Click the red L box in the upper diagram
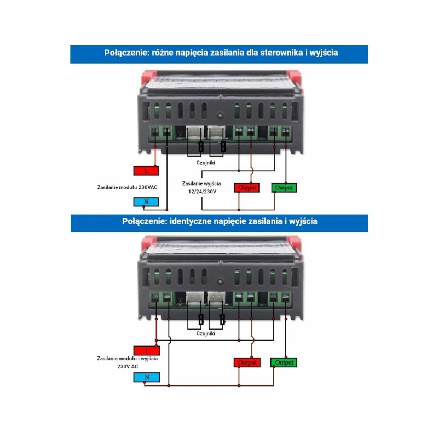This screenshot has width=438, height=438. coord(146,170)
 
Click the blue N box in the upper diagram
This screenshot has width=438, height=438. coord(146,202)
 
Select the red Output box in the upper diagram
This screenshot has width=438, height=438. coord(247,188)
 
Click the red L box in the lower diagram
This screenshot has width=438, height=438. coord(146,350)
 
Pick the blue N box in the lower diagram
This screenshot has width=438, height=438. coord(146,377)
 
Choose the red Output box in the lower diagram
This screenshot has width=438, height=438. coord(247,362)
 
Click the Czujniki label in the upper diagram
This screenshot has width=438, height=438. coord(206,163)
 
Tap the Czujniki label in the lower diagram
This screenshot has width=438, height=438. coord(206,333)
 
